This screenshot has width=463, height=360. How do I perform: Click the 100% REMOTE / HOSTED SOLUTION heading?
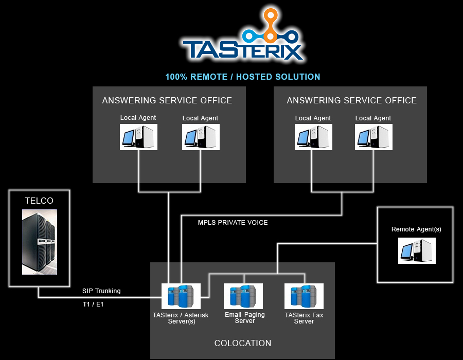243,77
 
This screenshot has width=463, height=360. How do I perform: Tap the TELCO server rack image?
39,242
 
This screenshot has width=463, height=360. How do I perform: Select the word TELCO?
39,201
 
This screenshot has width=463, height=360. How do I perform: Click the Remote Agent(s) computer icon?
417,250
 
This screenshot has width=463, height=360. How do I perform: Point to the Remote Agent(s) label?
416,229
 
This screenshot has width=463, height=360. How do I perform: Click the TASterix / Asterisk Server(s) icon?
181,296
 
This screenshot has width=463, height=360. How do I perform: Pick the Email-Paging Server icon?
244,296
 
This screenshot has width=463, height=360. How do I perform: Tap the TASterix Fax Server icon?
304,296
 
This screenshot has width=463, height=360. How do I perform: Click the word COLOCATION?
243,343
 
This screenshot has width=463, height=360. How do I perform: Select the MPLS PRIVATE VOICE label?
233,223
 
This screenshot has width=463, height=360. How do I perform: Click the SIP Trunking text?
101,291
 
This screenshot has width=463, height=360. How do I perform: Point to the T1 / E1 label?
93,304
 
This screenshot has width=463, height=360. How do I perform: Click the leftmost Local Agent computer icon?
138,137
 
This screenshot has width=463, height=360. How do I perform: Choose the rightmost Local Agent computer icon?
373,137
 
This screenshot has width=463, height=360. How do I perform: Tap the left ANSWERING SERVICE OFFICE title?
167,100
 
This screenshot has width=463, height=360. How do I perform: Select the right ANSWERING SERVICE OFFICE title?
352,100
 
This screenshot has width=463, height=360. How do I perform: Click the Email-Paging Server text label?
245,317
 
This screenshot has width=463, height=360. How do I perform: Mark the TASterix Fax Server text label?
304,318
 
